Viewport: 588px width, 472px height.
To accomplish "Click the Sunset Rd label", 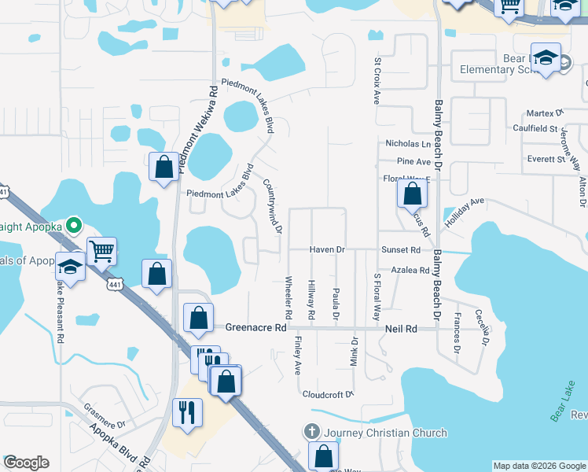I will tap(401, 250).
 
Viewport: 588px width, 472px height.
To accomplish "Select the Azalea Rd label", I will tap(413, 270).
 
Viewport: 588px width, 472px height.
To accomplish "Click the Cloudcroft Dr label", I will tap(329, 394).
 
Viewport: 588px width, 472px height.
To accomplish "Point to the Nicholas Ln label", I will tap(408, 144).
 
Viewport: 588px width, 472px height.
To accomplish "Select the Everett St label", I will tap(546, 159).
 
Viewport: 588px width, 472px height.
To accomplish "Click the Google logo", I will tap(26, 463).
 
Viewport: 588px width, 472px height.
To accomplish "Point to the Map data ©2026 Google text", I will tap(538, 466).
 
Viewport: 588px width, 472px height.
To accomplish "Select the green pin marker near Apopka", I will tap(75, 226).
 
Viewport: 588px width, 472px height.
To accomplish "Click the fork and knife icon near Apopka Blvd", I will tap(187, 411).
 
